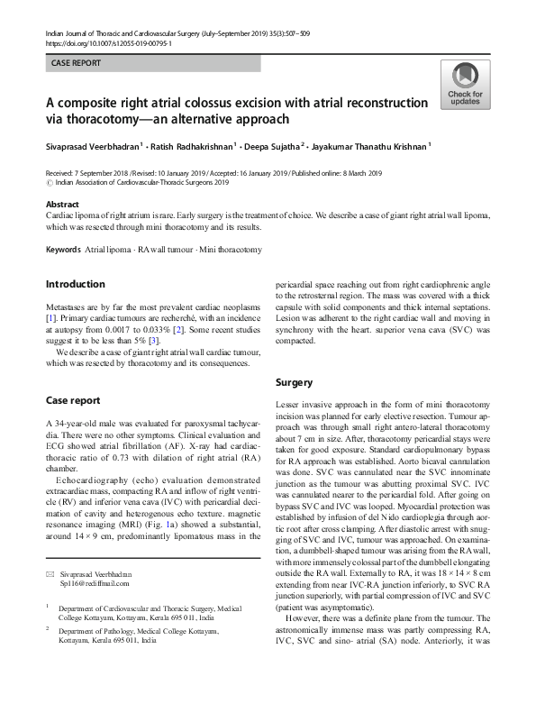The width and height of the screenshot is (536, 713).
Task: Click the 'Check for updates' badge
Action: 464,86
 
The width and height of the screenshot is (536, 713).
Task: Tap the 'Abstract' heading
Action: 62,205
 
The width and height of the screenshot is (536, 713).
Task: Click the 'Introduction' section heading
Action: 75,285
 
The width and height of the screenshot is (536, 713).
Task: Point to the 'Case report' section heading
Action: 73,399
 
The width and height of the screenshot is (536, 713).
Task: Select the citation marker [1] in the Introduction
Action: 51,320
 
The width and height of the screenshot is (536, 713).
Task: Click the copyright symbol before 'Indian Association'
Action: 50,182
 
